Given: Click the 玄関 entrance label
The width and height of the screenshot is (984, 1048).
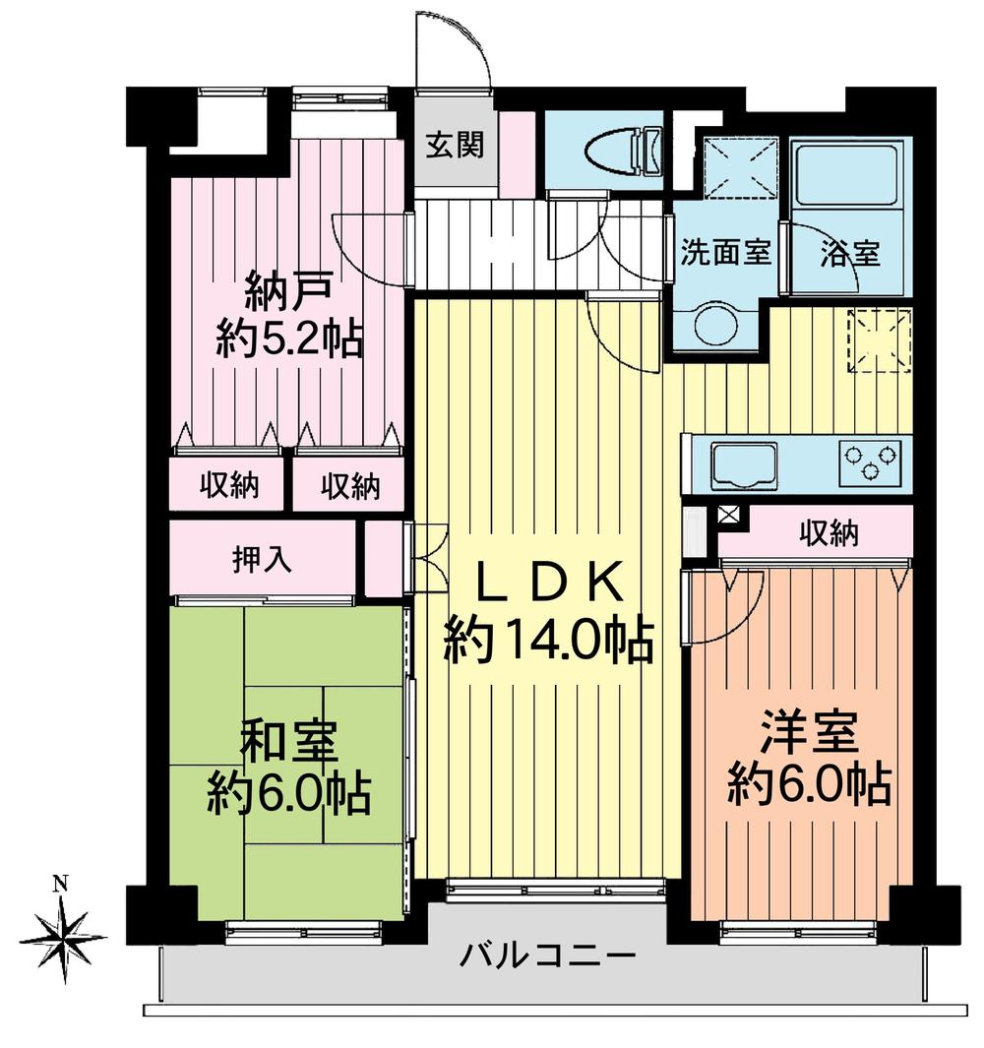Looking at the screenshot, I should point(455,146).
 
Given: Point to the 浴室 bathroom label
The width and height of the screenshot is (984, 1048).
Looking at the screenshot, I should point(849,253).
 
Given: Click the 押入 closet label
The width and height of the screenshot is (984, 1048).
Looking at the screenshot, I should point(261,560).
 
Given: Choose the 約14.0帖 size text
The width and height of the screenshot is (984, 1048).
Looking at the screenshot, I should point(548,644).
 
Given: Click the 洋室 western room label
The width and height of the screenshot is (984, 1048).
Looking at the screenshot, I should point(809,735).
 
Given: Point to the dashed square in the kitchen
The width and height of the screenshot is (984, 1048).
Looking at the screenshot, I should point(880,340).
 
